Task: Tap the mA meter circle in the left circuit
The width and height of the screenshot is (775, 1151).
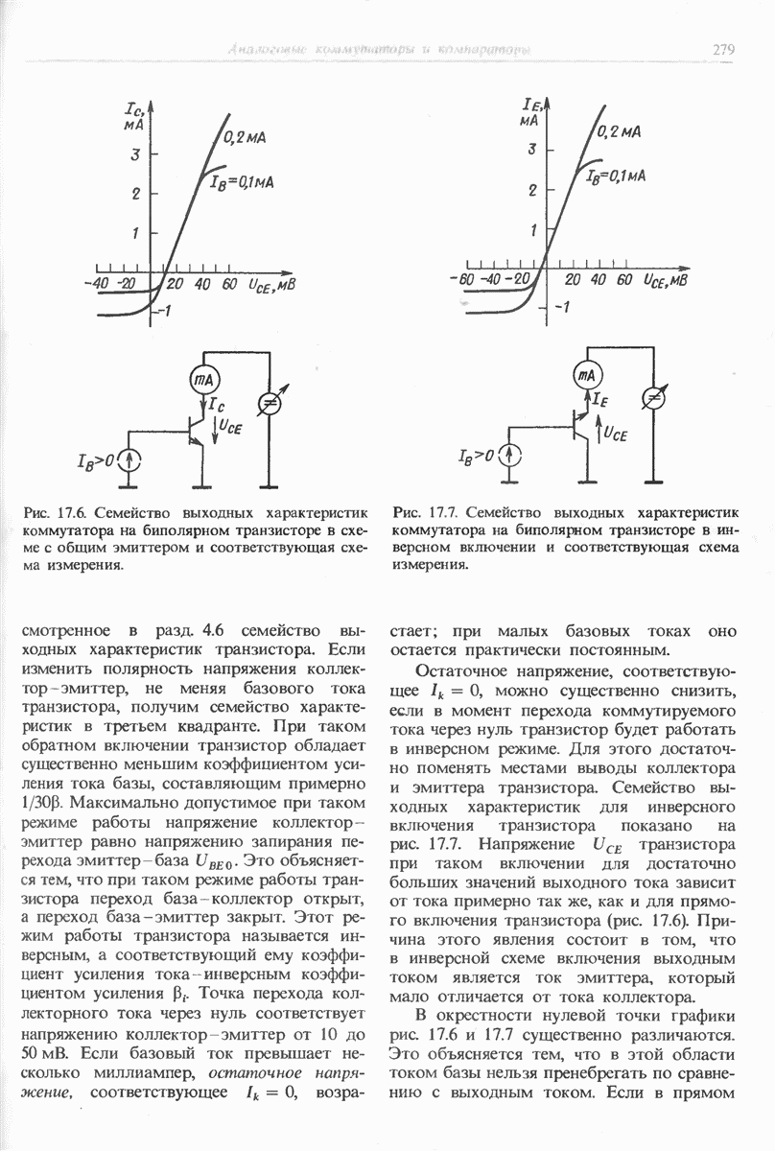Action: click(202, 380)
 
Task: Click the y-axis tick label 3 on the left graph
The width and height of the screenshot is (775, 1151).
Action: click(136, 154)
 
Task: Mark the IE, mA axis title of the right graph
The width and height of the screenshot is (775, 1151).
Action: click(530, 111)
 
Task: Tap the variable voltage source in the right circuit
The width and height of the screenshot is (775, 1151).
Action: click(653, 397)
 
